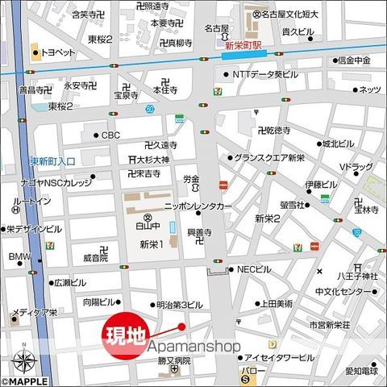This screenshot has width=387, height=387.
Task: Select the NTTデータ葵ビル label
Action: click(265, 74)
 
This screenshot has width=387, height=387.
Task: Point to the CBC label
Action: click(110, 135)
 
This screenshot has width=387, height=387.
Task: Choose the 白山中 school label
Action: click(147, 227)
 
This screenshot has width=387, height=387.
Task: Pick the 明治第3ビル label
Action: click(179, 305)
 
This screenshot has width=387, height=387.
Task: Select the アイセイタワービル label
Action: click(279, 357)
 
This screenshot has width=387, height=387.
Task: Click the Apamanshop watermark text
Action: click(194, 346)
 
